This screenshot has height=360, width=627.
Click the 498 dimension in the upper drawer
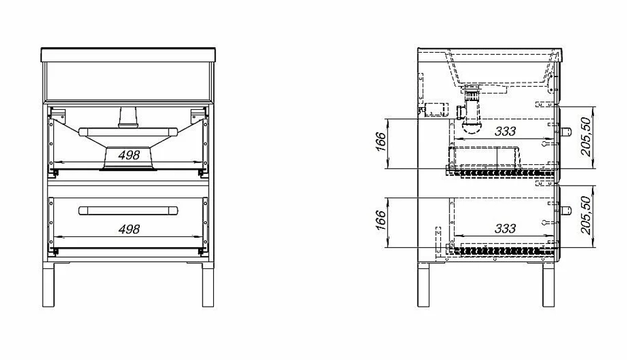[129, 155]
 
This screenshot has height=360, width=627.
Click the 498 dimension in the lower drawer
[129, 229]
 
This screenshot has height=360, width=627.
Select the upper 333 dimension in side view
[505, 131]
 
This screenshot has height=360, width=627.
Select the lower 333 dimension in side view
[505, 228]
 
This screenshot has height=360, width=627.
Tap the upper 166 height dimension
[381, 142]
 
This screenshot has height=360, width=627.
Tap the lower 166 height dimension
[381, 220]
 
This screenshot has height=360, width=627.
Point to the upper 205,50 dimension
[586, 137]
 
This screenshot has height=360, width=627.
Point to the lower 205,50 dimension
[586, 215]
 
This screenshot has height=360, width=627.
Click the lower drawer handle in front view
[129, 211]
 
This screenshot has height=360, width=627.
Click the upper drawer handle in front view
[129, 132]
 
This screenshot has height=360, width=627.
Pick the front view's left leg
[48, 285]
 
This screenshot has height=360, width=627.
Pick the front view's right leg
[208, 285]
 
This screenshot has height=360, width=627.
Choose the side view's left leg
[423, 285]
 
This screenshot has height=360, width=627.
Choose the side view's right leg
[549, 285]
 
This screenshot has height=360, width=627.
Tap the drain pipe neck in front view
[129, 117]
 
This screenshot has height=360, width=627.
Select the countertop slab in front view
[129, 55]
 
